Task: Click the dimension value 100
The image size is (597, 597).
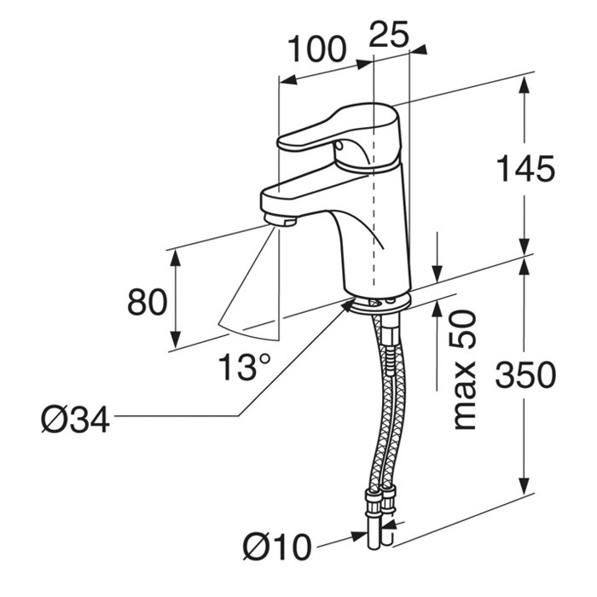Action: pos(316,49)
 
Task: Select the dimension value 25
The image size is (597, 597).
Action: pos(389,34)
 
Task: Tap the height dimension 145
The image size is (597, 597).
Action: pos(526,169)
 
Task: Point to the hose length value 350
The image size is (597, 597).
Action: pos(525,374)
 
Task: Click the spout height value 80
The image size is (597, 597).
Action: pos(147,302)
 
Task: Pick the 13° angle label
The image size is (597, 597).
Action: pos(245,367)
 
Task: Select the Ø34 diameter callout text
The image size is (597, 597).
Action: pos(75,420)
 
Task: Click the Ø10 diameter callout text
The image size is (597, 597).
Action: pos(277,547)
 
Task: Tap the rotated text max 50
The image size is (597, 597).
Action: pos(465,370)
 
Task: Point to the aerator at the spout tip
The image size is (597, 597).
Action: pos(280,220)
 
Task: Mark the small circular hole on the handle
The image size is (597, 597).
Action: pos(338,145)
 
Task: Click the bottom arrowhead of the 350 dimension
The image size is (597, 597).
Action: pos(525,485)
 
